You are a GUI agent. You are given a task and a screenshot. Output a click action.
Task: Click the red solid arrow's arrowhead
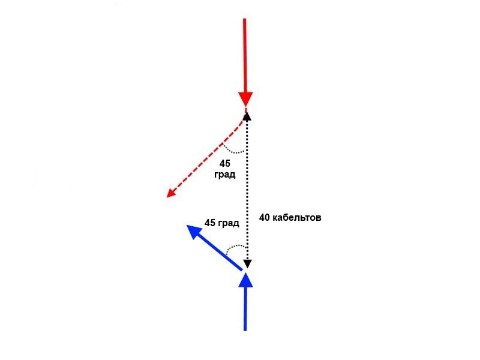click(x=245, y=99)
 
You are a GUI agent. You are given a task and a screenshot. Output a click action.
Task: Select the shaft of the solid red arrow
click(x=245, y=55)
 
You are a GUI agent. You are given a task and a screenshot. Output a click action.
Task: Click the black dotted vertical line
click(x=247, y=190)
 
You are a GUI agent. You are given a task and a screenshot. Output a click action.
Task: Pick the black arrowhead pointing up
click(x=247, y=116)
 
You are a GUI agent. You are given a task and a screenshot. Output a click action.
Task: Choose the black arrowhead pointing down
click(x=247, y=264)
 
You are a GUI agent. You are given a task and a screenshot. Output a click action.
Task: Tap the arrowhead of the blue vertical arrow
click(x=245, y=280)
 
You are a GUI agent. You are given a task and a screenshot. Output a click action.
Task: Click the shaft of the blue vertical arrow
click(x=245, y=309)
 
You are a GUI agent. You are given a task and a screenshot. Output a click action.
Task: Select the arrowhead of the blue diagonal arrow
click(x=194, y=232)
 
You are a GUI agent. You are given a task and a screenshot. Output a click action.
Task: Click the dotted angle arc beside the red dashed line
click(x=233, y=151)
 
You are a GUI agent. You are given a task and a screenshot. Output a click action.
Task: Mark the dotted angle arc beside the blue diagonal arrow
click(x=234, y=247)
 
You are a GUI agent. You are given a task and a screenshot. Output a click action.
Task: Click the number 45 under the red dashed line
click(x=224, y=163)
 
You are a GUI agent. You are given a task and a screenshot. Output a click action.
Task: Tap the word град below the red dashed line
click(x=224, y=175)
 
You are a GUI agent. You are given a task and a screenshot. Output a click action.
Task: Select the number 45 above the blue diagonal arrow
click(x=210, y=223)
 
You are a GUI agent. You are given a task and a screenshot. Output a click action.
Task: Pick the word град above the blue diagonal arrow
click(x=229, y=223)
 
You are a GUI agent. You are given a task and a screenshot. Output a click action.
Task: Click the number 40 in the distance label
click(x=265, y=218)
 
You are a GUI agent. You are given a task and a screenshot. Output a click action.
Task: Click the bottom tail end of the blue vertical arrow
click(x=245, y=331)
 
